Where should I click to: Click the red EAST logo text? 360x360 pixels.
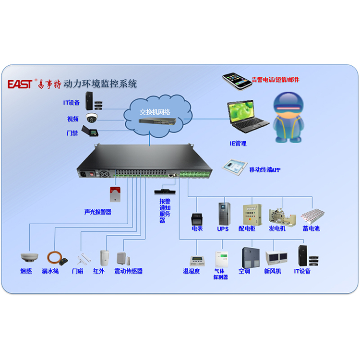(20, 84)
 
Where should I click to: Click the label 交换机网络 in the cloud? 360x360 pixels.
(155, 111)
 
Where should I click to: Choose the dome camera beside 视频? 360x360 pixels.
(92, 117)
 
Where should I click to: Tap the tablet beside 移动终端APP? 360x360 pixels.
(234, 166)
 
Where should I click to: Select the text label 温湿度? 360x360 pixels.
(192, 271)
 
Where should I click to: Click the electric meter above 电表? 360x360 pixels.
(197, 219)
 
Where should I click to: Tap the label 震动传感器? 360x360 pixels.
(128, 271)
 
